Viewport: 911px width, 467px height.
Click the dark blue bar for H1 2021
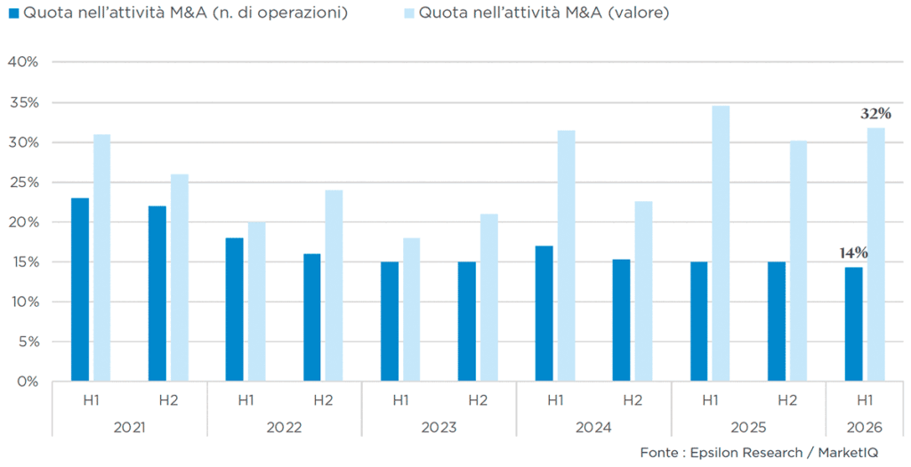80,290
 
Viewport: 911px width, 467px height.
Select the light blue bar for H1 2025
721,244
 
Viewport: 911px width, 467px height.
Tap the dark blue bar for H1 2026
853,324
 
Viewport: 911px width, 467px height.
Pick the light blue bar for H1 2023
411,310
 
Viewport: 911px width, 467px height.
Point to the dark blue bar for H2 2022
312,318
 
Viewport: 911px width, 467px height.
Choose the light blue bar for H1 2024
567,256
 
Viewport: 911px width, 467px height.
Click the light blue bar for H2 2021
180,278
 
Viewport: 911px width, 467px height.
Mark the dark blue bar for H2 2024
621,320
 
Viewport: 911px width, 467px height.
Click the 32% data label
875,114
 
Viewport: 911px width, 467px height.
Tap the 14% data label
853,254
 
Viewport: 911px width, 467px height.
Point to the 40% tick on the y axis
22,61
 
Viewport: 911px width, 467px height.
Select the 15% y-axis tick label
23,262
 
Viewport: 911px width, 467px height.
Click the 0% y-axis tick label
27,382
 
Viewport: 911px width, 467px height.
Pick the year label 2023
439,428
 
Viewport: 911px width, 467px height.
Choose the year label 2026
865,428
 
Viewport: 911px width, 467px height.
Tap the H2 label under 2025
787,400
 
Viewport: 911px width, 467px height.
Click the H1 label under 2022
246,400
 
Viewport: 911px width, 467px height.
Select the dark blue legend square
14,13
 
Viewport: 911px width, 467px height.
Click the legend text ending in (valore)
544,12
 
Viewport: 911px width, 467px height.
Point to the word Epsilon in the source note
713,453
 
